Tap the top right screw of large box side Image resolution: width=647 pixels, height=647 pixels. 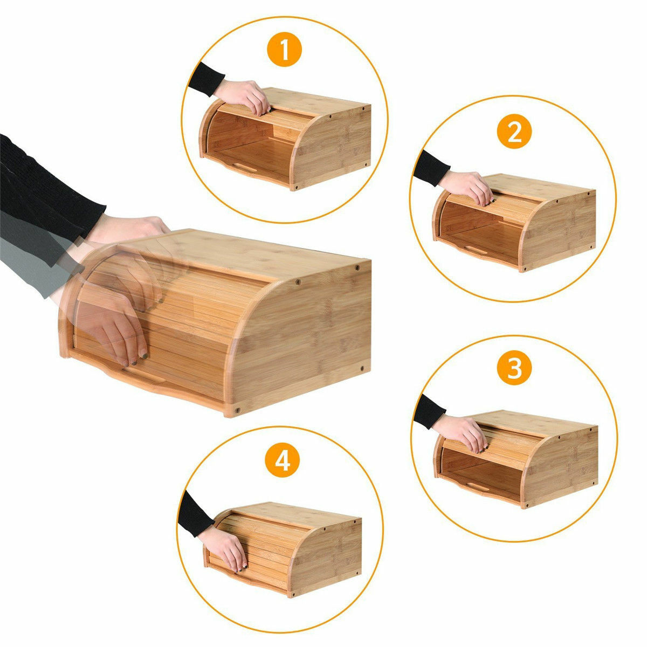coord(357,268)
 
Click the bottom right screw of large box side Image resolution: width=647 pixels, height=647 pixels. coord(360,369)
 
